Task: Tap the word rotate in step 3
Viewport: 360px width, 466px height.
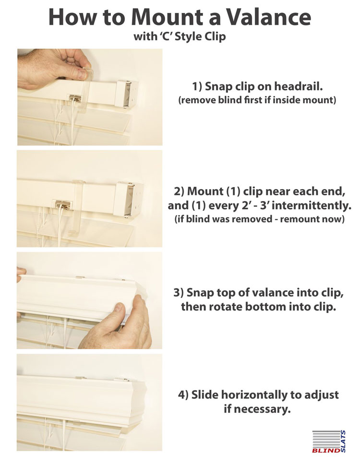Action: click(x=225, y=307)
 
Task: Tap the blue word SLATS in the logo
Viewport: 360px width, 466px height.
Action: click(x=343, y=442)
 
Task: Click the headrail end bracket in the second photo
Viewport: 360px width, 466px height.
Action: click(x=129, y=200)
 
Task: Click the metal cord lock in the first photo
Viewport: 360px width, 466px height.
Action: click(x=75, y=99)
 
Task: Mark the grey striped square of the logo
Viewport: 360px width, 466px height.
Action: click(x=326, y=439)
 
